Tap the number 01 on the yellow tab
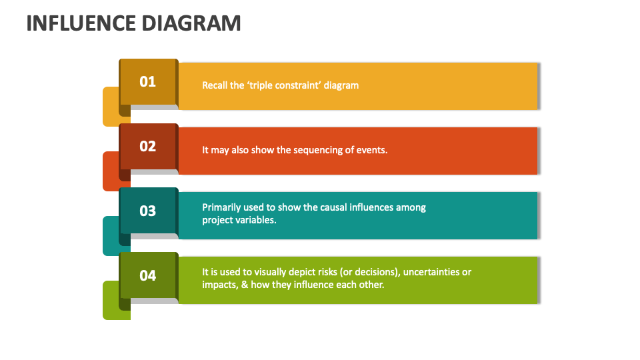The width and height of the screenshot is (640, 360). [147, 81]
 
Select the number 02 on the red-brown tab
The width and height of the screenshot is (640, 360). [147, 146]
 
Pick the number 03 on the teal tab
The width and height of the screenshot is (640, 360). [147, 211]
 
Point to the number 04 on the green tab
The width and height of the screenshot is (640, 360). [147, 275]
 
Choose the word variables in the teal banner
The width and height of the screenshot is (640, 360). [255, 220]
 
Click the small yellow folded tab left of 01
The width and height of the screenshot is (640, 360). [111, 107]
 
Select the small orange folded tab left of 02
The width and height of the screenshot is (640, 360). [111, 171]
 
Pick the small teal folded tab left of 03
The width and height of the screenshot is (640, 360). [111, 236]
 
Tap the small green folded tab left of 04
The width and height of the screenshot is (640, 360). [111, 301]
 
